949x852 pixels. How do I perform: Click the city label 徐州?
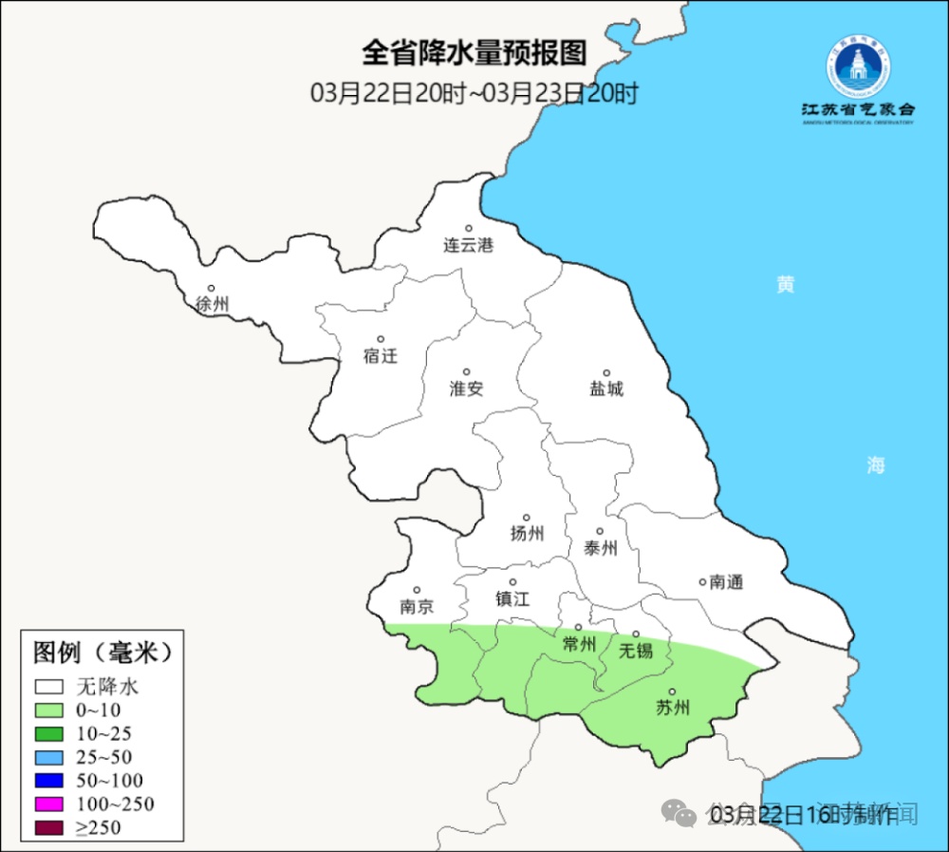click(x=213, y=305)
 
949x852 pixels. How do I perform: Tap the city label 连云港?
click(x=469, y=245)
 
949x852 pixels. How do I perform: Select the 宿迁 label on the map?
click(x=380, y=356)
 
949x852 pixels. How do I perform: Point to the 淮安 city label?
click(x=466, y=388)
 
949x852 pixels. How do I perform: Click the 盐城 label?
click(x=606, y=388)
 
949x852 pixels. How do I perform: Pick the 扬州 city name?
click(x=527, y=534)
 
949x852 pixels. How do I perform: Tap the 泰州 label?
click(x=600, y=548)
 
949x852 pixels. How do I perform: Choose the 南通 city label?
click(x=726, y=582)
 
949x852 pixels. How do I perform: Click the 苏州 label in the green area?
click(x=672, y=708)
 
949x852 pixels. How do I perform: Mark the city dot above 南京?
click(x=416, y=590)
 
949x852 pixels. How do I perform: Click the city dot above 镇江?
click(x=512, y=582)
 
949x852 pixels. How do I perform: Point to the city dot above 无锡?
click(x=636, y=634)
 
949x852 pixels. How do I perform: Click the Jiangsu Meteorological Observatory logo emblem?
click(x=857, y=69)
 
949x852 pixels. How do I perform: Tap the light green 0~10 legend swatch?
click(x=49, y=710)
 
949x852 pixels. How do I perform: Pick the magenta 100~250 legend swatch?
click(x=49, y=805)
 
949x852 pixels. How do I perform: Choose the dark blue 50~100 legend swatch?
click(x=49, y=781)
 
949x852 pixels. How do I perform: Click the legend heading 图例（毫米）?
click(x=102, y=653)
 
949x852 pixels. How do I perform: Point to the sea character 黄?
click(x=785, y=284)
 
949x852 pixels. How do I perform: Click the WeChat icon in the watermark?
click(x=679, y=813)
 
